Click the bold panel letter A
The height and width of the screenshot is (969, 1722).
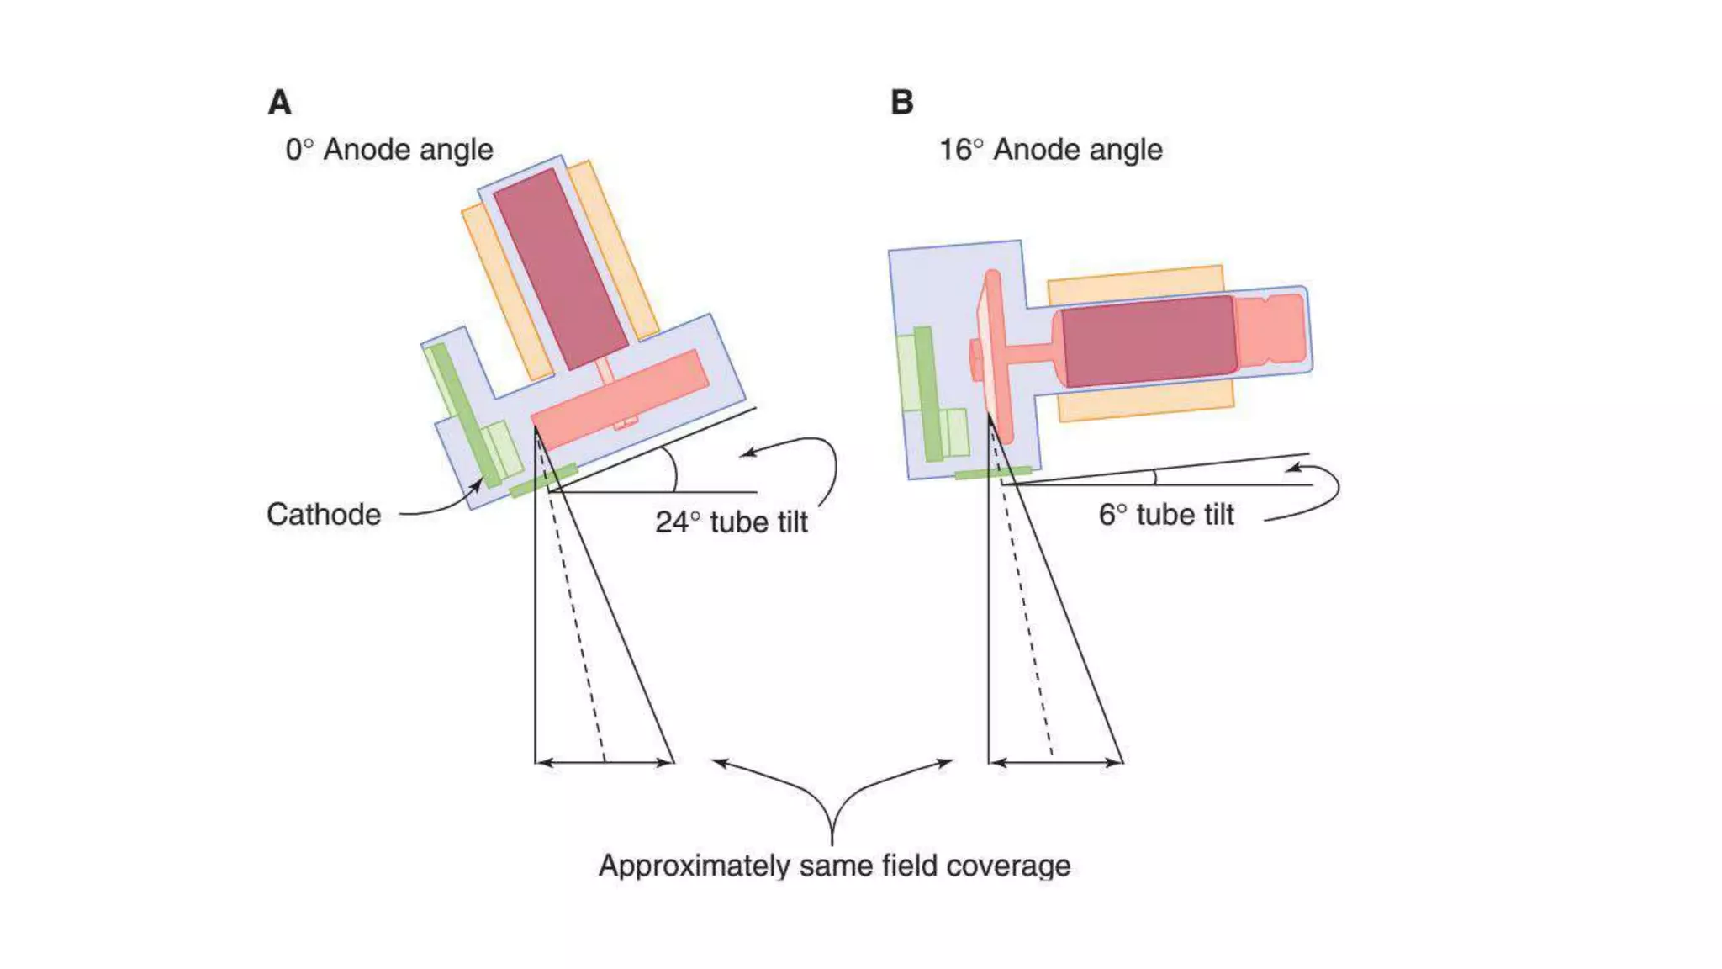click(x=279, y=103)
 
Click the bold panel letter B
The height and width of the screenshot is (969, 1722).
click(x=901, y=103)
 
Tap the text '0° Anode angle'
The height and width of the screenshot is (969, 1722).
click(x=388, y=150)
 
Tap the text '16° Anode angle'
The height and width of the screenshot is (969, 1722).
click(x=1050, y=150)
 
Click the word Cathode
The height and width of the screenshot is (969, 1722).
click(x=324, y=514)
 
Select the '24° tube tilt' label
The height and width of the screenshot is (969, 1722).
click(x=731, y=522)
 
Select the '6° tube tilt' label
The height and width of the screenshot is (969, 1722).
click(x=1165, y=514)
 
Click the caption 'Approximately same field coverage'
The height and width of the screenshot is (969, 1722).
click(x=834, y=866)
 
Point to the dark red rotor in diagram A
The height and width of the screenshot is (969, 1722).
click(x=560, y=269)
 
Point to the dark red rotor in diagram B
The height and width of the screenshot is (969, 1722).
click(x=1149, y=341)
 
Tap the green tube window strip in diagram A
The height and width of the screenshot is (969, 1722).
click(x=543, y=480)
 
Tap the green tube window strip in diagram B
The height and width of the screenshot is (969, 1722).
click(x=992, y=474)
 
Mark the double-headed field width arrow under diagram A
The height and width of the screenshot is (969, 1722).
click(x=605, y=762)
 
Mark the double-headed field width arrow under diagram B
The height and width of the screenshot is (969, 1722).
click(x=1055, y=762)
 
